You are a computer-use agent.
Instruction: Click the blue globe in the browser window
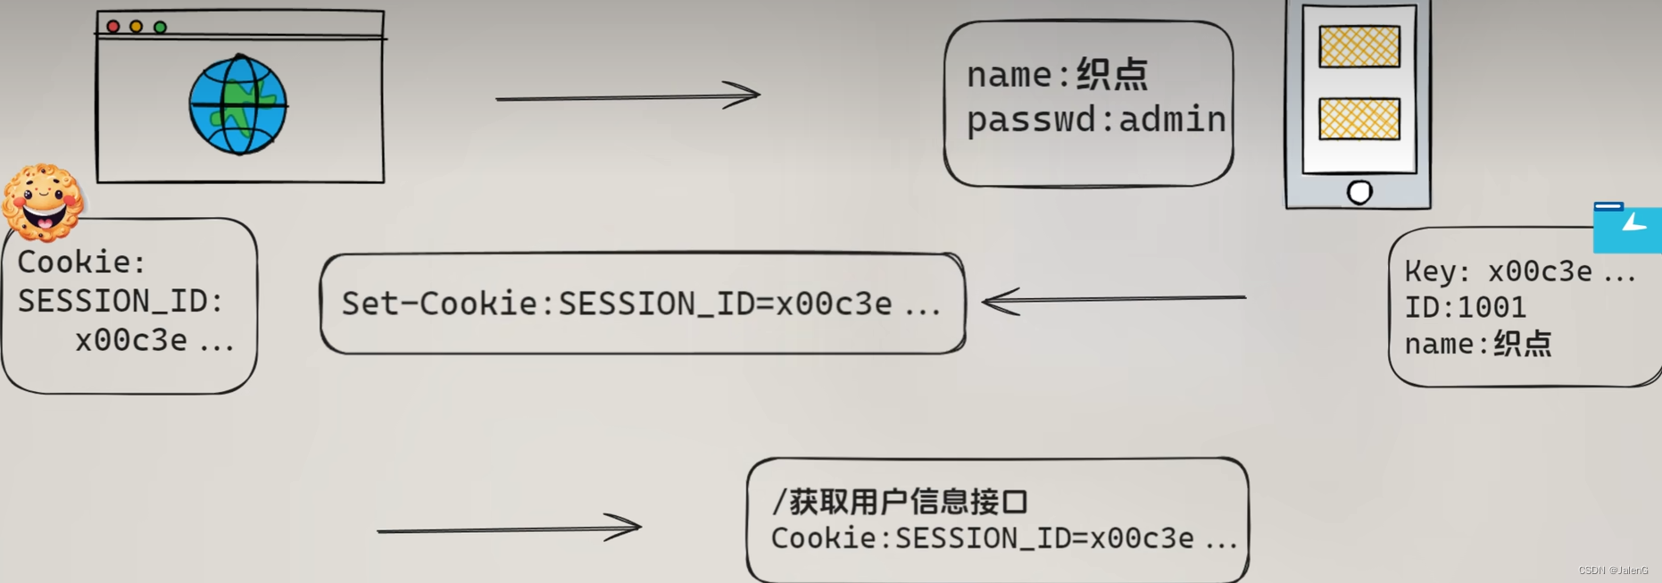click(237, 104)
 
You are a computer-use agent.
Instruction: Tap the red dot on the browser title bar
click(113, 27)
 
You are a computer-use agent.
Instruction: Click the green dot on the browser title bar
click(160, 27)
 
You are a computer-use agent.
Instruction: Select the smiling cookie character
click(42, 203)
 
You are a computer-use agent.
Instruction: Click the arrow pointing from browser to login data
click(627, 95)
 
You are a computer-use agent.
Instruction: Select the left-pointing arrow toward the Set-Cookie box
click(1113, 300)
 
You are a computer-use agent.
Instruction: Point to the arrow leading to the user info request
click(509, 528)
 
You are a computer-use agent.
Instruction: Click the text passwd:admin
click(1096, 120)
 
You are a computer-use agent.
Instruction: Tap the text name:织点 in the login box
click(1057, 74)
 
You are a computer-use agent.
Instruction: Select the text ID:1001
click(1465, 308)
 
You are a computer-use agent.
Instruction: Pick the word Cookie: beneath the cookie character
click(81, 262)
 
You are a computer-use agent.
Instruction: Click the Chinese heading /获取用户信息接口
click(900, 502)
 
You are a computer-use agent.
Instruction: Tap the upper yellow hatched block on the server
click(1359, 46)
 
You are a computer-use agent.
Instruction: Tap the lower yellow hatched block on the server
click(1359, 119)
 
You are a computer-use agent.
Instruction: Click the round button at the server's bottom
click(1359, 192)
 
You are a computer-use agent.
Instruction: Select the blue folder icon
click(1626, 229)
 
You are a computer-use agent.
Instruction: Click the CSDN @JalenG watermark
click(1613, 571)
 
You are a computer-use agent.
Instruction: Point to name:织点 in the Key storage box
click(1477, 345)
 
